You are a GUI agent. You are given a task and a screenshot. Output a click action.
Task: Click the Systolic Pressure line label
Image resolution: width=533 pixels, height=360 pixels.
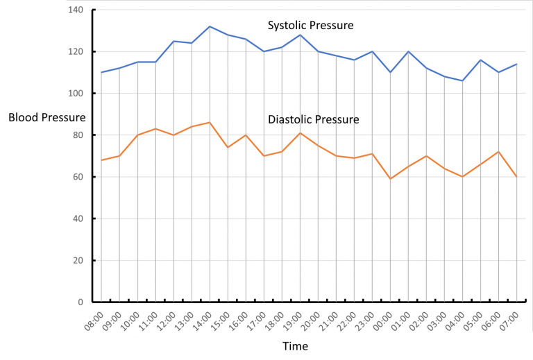(x=311, y=26)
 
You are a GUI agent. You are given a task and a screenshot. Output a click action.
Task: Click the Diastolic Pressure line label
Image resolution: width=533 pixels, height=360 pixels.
(x=313, y=119)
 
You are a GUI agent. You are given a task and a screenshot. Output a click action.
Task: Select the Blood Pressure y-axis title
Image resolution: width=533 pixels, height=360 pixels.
(x=47, y=117)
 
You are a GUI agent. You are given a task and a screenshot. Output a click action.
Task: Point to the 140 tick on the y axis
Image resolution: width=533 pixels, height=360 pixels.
(x=74, y=10)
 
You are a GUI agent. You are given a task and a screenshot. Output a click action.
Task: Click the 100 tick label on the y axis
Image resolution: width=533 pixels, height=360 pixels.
(x=74, y=94)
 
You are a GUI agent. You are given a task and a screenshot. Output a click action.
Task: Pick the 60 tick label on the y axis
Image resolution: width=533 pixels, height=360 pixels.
(x=76, y=177)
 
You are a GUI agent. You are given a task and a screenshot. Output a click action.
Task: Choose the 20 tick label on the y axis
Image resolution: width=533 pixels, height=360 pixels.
(x=76, y=260)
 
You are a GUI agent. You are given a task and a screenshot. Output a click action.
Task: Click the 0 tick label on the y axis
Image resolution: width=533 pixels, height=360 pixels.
(x=79, y=302)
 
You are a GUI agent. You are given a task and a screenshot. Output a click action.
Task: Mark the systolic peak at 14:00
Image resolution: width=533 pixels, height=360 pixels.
(x=210, y=26)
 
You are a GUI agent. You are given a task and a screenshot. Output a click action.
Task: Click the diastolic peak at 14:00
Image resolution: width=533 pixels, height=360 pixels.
(x=210, y=123)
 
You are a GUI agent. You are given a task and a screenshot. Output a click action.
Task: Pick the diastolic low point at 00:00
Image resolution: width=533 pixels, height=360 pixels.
(x=390, y=179)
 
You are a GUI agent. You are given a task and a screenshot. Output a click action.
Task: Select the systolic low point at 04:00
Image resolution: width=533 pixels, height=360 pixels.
(x=462, y=80)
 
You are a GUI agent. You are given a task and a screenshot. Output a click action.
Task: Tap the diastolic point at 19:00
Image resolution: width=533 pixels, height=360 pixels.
(x=300, y=133)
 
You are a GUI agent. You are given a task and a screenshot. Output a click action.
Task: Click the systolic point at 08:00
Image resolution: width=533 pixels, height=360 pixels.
(x=101, y=72)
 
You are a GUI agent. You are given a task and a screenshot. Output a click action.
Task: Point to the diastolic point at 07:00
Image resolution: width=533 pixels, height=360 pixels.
(x=516, y=177)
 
